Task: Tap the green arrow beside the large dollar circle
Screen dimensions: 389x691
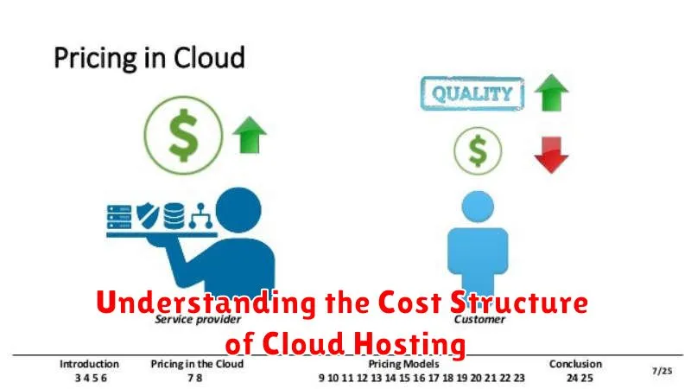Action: tap(250, 136)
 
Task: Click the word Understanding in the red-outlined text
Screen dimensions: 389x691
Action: tap(194, 303)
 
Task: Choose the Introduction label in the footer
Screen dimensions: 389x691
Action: tap(90, 364)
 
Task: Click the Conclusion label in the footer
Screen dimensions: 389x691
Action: tap(575, 364)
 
